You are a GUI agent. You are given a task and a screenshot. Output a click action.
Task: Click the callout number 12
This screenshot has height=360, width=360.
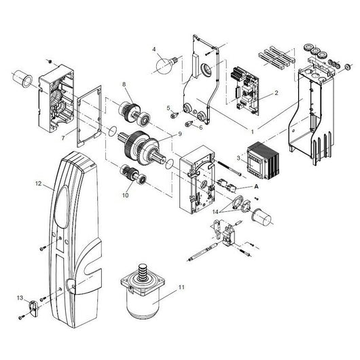click(x=39, y=183)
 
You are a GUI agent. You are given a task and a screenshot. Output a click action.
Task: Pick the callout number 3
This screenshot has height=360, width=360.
click(x=236, y=158)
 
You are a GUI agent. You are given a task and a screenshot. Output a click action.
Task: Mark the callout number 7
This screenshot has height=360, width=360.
click(x=62, y=138)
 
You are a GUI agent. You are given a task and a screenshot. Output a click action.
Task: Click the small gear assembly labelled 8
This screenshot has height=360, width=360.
click(x=130, y=109)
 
